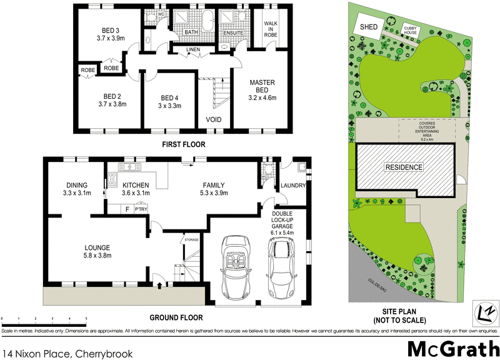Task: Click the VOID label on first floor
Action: tap(213, 119)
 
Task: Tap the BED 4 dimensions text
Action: tap(170, 106)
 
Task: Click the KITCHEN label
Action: tap(135, 185)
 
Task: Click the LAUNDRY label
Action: tap(292, 186)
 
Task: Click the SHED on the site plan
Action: tap(367, 27)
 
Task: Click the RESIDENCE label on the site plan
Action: tap(404, 167)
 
